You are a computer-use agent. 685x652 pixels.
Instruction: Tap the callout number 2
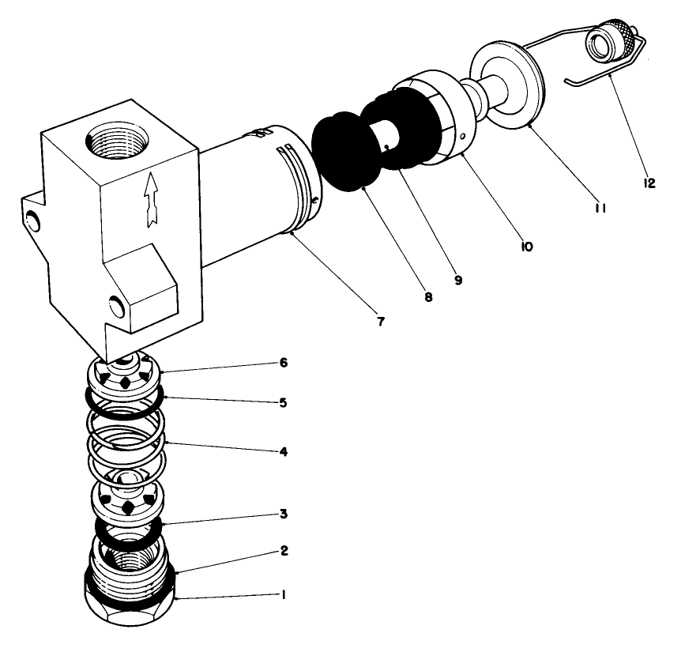pos(284,551)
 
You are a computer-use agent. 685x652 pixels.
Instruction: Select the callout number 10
pos(526,246)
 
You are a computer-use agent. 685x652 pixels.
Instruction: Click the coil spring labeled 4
pos(126,447)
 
